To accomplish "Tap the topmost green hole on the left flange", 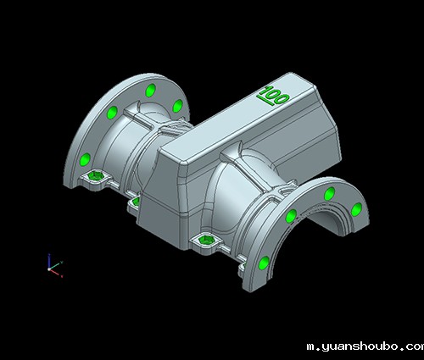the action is pyautogui.click(x=150, y=91).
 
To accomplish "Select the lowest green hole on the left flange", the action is pyautogui.click(x=85, y=159).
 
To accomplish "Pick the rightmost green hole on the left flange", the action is pyautogui.click(x=177, y=106).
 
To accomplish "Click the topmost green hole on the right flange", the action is pyautogui.click(x=329, y=194).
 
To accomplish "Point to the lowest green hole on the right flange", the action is pyautogui.click(x=265, y=263).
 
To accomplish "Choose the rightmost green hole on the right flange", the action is pyautogui.click(x=356, y=209).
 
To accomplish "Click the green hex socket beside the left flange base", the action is pyautogui.click(x=96, y=176).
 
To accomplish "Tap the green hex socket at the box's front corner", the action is pyautogui.click(x=206, y=241).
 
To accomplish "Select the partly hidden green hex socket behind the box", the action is pyautogui.click(x=137, y=202).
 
